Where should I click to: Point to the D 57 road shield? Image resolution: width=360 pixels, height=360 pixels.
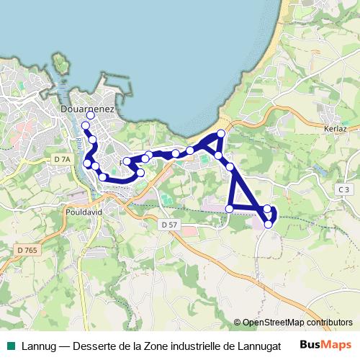click(170, 224)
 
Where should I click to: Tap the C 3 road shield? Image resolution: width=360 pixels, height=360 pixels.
click(343, 188)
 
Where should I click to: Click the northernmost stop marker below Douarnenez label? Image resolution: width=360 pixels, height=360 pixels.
click(91, 115)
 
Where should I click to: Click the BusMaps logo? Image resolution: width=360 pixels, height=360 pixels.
click(325, 344)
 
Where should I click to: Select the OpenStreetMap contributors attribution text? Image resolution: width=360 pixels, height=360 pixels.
click(297, 323)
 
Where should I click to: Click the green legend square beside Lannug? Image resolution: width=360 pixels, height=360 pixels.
click(11, 345)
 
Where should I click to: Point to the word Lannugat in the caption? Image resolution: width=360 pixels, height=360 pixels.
click(258, 344)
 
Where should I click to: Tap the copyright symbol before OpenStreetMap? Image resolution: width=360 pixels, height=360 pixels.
click(237, 323)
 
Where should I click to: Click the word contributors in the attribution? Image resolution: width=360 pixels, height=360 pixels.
click(328, 323)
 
